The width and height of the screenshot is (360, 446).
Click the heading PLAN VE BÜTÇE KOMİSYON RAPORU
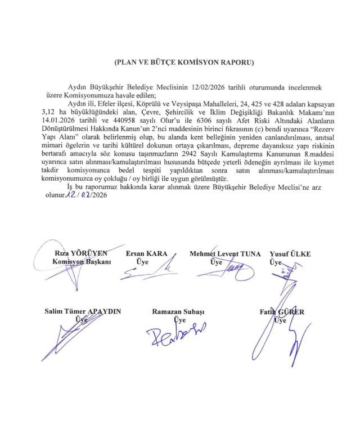tap(183, 61)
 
